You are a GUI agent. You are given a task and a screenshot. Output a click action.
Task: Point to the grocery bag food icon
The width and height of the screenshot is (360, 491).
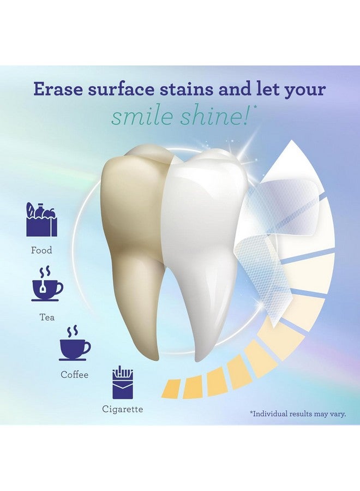[41, 219]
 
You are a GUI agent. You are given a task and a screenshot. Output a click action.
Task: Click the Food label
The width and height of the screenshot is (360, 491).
[41, 250]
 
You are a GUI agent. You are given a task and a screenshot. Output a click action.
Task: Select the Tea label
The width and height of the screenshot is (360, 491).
[47, 317]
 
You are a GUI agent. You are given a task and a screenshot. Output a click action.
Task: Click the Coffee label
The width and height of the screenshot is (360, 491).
[74, 375]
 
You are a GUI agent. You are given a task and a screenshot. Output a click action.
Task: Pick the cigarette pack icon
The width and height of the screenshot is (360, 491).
[123, 382]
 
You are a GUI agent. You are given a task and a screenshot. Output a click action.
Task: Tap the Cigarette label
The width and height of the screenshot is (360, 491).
[122, 409]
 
